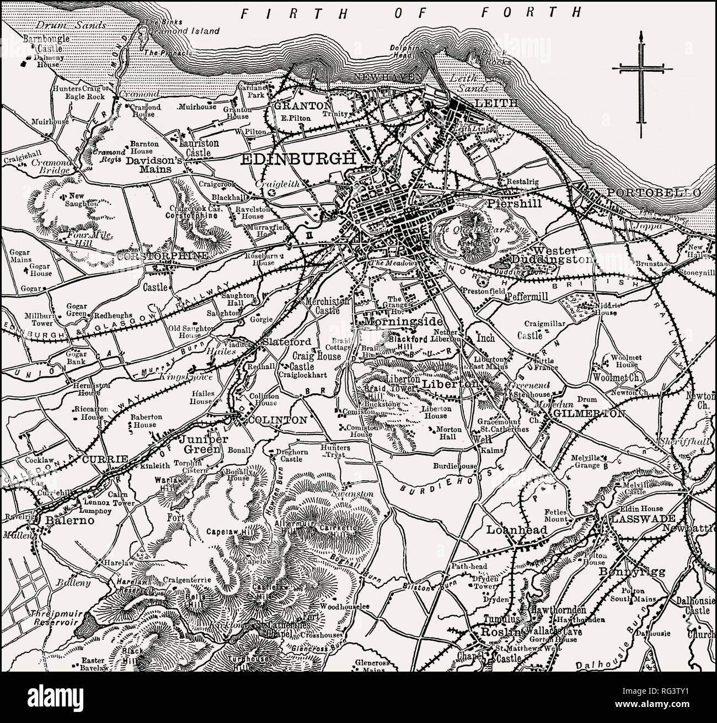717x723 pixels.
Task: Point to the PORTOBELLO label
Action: [x=654, y=193]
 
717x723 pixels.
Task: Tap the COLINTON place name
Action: [x=277, y=420]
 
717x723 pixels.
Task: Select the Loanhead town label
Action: [x=516, y=530]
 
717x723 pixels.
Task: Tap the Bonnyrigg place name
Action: [x=626, y=571]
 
